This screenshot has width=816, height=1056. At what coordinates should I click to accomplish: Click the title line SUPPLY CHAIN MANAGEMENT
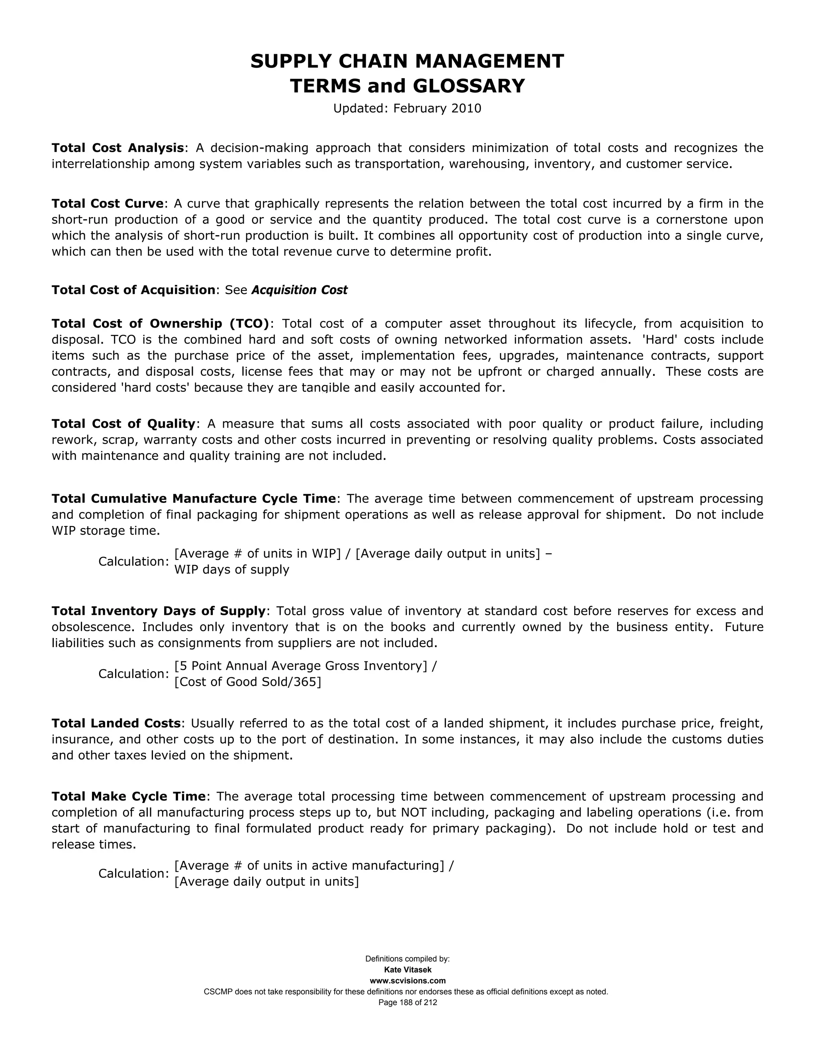(407, 61)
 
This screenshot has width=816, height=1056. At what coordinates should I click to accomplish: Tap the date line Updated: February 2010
(407, 108)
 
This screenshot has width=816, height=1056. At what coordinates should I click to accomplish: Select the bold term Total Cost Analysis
(118, 147)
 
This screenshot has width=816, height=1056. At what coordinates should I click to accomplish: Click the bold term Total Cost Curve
(107, 203)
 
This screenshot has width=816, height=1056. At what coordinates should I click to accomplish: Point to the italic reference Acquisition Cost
(299, 290)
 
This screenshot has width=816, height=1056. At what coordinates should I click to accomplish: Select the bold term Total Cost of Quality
(123, 424)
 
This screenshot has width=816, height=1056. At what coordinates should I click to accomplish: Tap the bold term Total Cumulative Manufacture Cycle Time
(193, 498)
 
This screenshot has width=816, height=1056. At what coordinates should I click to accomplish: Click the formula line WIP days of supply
(231, 569)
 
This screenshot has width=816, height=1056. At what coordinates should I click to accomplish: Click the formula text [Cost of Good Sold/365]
(247, 682)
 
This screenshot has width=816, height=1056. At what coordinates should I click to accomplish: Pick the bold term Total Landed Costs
(116, 723)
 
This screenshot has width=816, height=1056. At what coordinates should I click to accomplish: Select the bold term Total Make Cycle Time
(129, 796)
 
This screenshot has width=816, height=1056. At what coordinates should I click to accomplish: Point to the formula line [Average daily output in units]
(267, 881)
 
